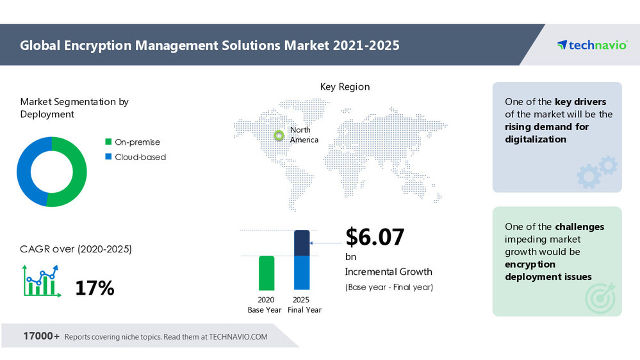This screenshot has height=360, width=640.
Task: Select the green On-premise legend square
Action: click(x=108, y=142)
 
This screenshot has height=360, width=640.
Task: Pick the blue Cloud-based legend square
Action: click(x=108, y=157)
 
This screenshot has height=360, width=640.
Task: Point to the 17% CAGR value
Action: click(x=94, y=288)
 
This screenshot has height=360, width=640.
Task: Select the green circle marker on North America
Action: click(x=279, y=135)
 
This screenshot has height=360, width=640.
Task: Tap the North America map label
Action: click(x=304, y=135)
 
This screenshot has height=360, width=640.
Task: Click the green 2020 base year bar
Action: click(x=267, y=273)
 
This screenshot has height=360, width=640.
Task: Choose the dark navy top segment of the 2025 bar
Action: click(x=302, y=243)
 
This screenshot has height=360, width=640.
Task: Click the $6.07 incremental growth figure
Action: click(x=375, y=237)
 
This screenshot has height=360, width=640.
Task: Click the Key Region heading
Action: click(x=345, y=86)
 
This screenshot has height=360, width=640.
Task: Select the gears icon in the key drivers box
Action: click(x=597, y=172)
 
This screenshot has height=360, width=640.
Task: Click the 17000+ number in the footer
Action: click(x=42, y=336)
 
